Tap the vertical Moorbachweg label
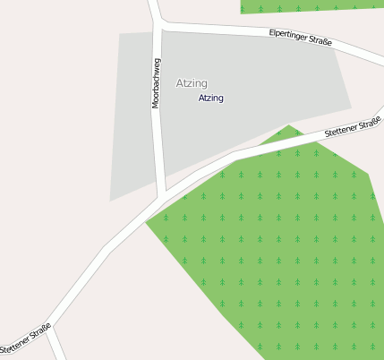point(156,83)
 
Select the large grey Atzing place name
point(192,83)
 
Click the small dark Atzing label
point(211,98)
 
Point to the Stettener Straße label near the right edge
point(353,128)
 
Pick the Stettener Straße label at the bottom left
point(25,337)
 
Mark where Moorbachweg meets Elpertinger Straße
point(159,25)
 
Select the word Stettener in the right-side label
point(341,132)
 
